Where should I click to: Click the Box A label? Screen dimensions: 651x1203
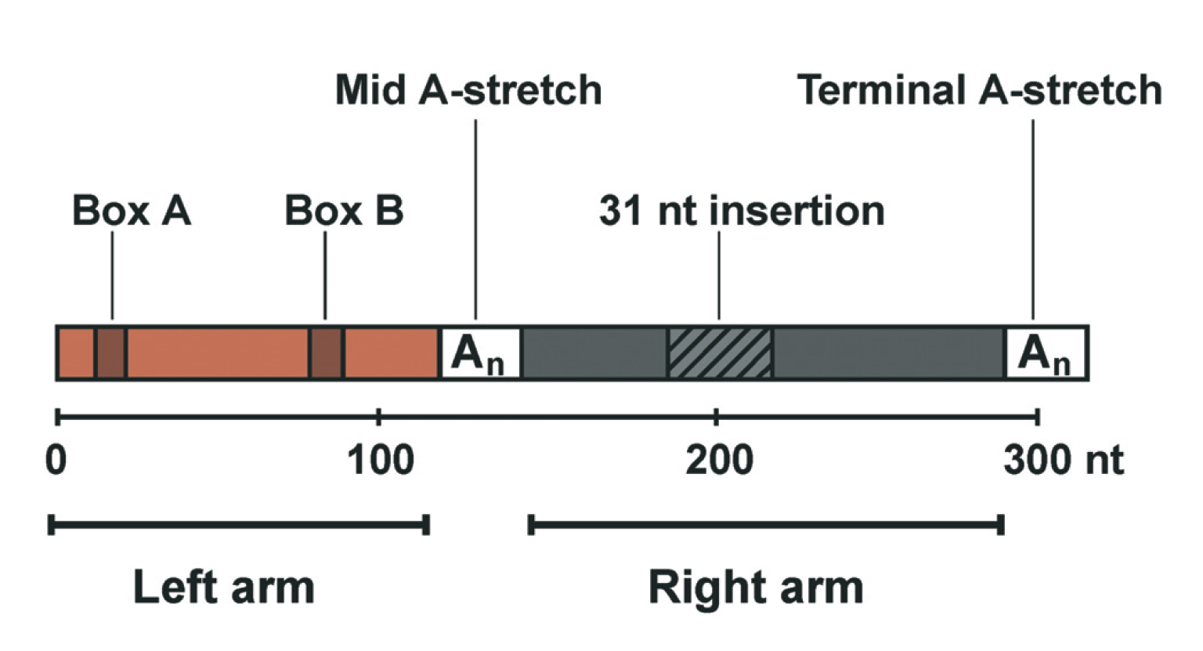[x=132, y=212]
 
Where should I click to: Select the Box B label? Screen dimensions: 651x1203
[x=344, y=212]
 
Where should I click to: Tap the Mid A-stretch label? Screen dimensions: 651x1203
[x=468, y=90]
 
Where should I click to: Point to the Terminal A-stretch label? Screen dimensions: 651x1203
[x=979, y=90]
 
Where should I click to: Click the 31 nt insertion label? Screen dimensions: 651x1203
[x=741, y=212]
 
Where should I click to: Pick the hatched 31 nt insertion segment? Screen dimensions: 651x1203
[x=720, y=353]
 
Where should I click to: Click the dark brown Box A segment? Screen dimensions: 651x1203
[x=111, y=353]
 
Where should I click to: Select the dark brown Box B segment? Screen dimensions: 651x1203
[x=327, y=353]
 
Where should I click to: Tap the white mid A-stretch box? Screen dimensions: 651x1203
[x=479, y=353]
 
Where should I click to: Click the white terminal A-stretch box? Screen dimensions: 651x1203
[x=1046, y=353]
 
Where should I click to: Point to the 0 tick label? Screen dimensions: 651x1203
[x=56, y=461]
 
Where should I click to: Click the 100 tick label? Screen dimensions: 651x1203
[x=380, y=461]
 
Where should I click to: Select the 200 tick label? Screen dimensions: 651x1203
[x=718, y=461]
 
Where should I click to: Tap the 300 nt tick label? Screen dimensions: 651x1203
[x=1063, y=461]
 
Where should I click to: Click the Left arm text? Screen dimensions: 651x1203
[x=224, y=588]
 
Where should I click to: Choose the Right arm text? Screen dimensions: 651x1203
[x=756, y=588]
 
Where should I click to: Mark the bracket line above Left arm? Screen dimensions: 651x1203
[x=239, y=524]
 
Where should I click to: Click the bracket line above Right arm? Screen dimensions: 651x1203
[x=766, y=524]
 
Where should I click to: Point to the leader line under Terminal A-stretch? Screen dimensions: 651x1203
[x=1033, y=219]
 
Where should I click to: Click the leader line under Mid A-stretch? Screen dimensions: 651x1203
[x=475, y=219]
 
